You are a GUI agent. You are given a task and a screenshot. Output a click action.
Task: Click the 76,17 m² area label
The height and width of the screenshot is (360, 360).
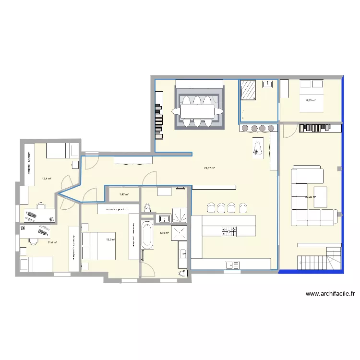[209, 168]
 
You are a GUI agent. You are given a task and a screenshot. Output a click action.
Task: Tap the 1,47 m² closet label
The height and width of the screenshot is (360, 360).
[124, 194]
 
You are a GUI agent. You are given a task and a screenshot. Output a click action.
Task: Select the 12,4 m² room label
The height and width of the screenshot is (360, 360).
[47, 179]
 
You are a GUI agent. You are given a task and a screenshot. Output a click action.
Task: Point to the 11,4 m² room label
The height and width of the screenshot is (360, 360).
[52, 242]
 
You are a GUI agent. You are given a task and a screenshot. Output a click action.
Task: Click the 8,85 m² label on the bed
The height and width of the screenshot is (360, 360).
[311, 100]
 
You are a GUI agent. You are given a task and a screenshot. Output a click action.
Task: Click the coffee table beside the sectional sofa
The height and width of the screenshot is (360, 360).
[321, 197]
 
